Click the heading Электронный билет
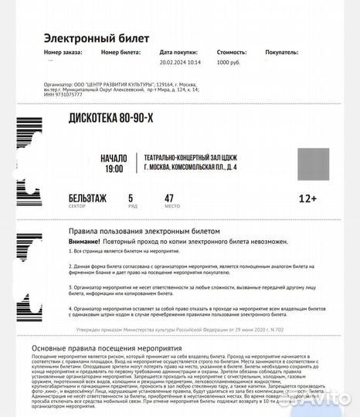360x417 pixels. coord(97,38)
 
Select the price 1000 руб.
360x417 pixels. coord(230,63)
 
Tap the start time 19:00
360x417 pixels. coord(114,168)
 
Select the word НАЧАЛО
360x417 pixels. coord(114,158)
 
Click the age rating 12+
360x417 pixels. coord(307,198)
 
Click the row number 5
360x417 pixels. coord(131,198)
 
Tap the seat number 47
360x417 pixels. coord(169,198)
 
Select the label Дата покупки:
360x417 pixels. coord(180,53)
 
